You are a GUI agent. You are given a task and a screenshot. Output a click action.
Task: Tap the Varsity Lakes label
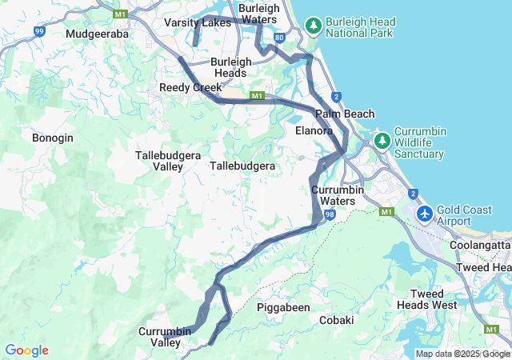(x=198, y=23)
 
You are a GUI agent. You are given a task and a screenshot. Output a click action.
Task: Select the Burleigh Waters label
(x=258, y=14)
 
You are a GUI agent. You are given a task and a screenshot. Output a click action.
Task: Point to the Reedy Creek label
(x=190, y=87)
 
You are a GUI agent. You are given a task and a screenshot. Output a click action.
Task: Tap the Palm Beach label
(x=345, y=114)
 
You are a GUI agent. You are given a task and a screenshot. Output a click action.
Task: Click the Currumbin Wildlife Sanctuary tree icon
(x=382, y=141)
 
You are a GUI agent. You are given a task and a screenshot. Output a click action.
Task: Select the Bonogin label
(x=53, y=138)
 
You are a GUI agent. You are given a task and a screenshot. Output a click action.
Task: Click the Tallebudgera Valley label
(x=160, y=160)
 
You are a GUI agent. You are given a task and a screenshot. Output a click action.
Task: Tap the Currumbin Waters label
(x=338, y=195)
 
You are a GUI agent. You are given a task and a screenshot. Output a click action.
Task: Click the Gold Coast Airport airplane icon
(x=424, y=214)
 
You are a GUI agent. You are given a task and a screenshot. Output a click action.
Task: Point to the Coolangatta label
(x=480, y=246)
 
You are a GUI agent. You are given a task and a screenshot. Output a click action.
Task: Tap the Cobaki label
(x=336, y=320)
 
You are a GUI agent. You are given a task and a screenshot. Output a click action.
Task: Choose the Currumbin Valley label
(x=166, y=337)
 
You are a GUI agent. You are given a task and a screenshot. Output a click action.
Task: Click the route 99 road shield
(x=40, y=31)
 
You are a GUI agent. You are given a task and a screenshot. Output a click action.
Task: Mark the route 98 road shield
(x=330, y=215)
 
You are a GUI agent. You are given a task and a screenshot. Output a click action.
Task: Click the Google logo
(x=26, y=350)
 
